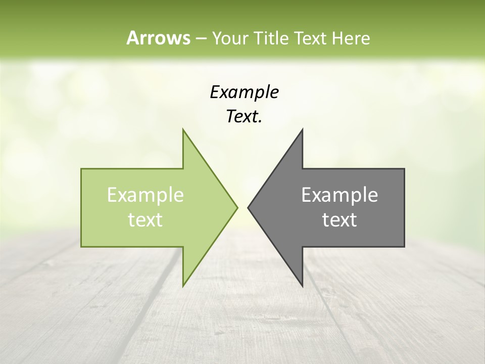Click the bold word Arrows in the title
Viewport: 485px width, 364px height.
(x=158, y=38)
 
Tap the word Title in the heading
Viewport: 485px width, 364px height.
(x=270, y=38)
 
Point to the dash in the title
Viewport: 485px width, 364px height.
(x=201, y=38)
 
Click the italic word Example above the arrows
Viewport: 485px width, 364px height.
(x=244, y=92)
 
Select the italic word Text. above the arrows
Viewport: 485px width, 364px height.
(x=244, y=117)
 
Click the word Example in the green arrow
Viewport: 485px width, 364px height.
(x=145, y=195)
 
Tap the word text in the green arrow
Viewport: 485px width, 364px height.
(x=145, y=219)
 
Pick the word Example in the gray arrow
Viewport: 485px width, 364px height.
(x=339, y=195)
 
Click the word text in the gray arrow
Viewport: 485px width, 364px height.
(x=339, y=219)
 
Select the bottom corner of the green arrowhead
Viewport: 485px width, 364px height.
(x=183, y=285)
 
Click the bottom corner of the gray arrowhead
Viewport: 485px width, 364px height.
(x=302, y=285)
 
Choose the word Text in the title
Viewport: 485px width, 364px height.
(x=311, y=38)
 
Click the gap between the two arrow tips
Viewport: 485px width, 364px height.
(x=243, y=207)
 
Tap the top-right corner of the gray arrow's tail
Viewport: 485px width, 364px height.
(x=404, y=169)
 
